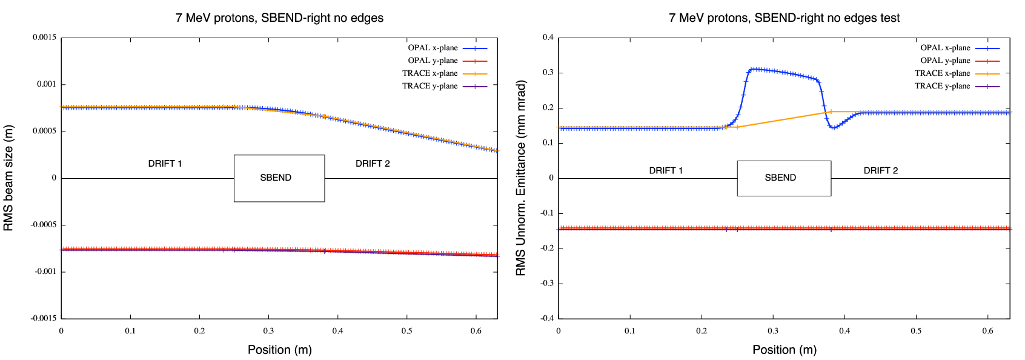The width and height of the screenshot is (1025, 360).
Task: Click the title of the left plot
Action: [x=279, y=18]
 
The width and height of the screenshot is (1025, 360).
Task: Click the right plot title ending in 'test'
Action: [x=784, y=18]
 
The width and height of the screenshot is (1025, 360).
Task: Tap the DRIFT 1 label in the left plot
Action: [x=165, y=164]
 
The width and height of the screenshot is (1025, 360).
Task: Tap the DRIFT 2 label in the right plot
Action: [x=880, y=170]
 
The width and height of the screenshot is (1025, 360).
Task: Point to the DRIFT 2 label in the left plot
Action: [x=373, y=164]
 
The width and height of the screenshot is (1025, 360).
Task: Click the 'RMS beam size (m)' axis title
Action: [x=8, y=178]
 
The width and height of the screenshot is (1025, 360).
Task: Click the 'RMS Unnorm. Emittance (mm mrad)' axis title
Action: [x=521, y=178]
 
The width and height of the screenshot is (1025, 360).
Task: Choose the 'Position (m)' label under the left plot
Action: [x=279, y=350]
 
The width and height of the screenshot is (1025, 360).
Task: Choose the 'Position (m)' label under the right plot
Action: [x=784, y=350]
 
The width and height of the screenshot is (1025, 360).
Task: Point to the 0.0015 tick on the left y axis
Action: [x=45, y=38]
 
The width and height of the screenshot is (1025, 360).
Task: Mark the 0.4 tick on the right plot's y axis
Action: [x=548, y=38]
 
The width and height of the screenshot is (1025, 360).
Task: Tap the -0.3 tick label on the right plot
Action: [x=546, y=283]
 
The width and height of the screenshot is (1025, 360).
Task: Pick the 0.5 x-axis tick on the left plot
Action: [x=406, y=331]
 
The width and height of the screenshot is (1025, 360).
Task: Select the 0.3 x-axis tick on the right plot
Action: [x=773, y=331]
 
